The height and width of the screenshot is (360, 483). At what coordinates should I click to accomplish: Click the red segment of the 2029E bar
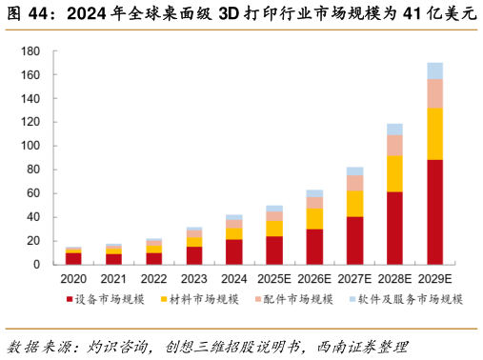[x=434, y=211]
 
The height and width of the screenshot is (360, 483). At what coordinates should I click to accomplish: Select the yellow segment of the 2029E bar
[x=434, y=133]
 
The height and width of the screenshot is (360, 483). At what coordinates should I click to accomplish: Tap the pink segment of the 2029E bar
[x=434, y=93]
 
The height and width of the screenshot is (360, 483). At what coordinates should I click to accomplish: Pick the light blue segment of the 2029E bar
[x=434, y=70]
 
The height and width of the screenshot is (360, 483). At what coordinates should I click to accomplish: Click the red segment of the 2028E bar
[x=394, y=228]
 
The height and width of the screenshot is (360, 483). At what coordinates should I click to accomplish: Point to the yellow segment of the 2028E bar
[x=394, y=173]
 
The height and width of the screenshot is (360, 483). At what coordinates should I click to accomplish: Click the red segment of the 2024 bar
[x=234, y=251]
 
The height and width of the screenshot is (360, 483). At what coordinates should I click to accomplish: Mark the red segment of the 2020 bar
[x=73, y=258]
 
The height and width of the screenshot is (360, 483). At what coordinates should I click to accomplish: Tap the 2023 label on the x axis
[x=193, y=279]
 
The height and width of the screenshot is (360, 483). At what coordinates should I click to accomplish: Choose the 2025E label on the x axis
[x=274, y=279]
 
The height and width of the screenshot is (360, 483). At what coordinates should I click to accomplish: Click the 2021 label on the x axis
[x=113, y=279]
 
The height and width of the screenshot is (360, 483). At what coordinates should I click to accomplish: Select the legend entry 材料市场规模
[x=205, y=299]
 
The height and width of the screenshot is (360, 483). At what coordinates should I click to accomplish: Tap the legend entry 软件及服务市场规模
[x=408, y=299]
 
